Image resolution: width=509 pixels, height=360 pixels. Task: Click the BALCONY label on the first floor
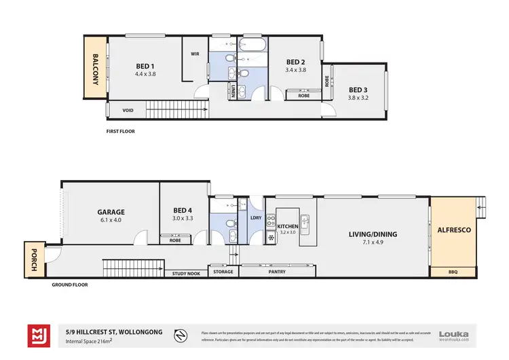pos(96,69)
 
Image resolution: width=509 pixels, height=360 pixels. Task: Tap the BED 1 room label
pos(146,66)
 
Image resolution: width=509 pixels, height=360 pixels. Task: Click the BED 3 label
pos(358,89)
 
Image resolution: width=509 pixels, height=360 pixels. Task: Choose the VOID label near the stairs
pos(128,110)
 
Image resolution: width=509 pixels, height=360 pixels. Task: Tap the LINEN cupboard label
pos(233,92)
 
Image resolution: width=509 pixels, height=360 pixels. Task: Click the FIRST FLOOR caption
pos(121,131)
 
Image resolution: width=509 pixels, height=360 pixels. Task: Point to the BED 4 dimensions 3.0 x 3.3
pos(183,219)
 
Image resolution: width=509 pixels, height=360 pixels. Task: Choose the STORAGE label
pos(223,272)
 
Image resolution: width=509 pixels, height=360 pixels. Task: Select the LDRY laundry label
pos(256,217)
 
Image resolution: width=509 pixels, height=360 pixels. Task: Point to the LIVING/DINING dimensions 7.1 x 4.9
pos(373,242)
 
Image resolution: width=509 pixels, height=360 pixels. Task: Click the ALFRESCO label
pos(454,230)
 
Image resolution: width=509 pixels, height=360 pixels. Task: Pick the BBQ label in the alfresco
pos(453,272)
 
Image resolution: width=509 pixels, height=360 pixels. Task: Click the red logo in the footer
pos(37,334)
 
